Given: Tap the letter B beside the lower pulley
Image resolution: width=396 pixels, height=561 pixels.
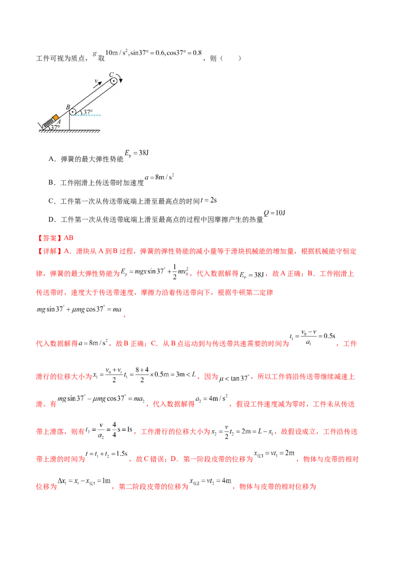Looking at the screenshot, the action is [x=68, y=107].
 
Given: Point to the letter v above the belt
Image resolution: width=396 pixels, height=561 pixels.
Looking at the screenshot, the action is [x=96, y=79].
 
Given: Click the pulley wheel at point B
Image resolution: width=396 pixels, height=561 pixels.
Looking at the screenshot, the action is [x=72, y=112].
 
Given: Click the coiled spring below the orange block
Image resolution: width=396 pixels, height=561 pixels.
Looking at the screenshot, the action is [x=49, y=121].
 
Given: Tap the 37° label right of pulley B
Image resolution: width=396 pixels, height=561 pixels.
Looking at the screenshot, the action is [x=87, y=112].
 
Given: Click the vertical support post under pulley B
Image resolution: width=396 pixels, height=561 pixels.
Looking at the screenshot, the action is [x=70, y=122].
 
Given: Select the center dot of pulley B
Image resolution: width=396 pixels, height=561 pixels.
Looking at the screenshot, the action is [x=72, y=112].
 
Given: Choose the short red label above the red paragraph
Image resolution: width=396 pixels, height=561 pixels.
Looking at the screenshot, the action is [x=55, y=237].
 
